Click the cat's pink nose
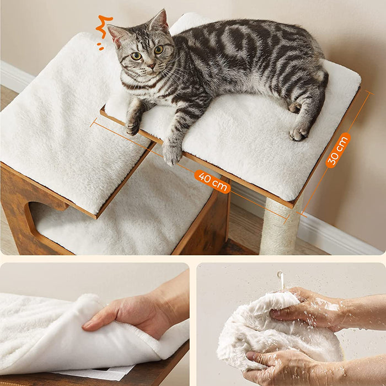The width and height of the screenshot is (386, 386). tap(151, 66)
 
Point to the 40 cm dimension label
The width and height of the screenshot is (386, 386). tap(212, 181)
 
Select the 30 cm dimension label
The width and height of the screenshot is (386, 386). tap(338, 150)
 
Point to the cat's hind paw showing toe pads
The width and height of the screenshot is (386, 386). tap(299, 133)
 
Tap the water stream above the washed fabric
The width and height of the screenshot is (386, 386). tap(281, 280)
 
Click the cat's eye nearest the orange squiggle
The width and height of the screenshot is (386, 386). tap(136, 56)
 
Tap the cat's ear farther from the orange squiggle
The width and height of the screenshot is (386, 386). tap(159, 20)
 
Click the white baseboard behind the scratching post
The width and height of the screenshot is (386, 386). tap(340, 234)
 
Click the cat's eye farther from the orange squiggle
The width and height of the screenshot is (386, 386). tap(159, 50)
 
